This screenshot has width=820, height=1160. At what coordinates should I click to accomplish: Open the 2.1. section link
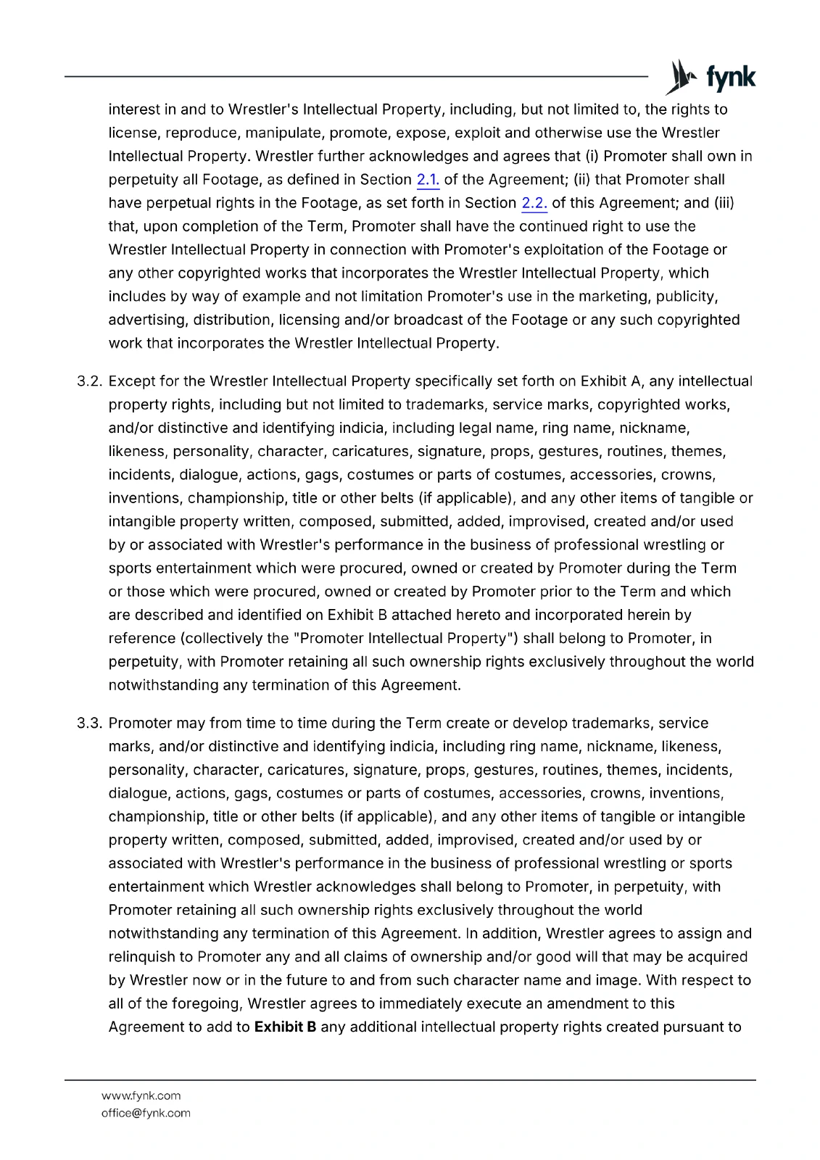[428, 180]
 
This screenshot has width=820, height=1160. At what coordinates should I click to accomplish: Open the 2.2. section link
[534, 203]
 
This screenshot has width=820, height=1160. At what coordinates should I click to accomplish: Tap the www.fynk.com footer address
[141, 1095]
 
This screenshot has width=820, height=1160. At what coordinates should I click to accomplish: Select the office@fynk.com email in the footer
[146, 1113]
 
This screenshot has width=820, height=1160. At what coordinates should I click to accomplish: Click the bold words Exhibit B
[285, 1027]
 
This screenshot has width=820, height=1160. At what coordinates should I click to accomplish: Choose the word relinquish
[141, 957]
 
